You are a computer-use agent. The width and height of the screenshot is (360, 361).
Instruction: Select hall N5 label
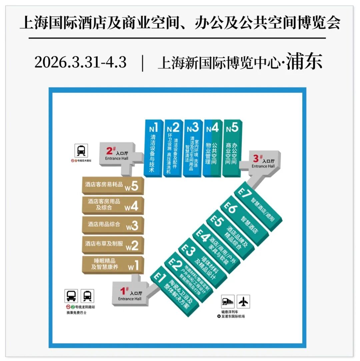232,128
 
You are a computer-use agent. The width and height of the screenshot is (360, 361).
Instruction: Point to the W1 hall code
133,266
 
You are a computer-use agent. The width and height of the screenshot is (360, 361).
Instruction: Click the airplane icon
243,302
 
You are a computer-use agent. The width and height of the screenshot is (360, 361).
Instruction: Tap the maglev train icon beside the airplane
228,302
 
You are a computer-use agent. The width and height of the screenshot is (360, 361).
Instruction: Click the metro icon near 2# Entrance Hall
81,151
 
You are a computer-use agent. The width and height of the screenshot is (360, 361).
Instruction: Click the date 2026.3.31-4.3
80,62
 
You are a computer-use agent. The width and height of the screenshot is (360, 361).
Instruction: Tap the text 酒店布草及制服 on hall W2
104,244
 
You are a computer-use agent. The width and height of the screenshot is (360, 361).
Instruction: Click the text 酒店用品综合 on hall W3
104,224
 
